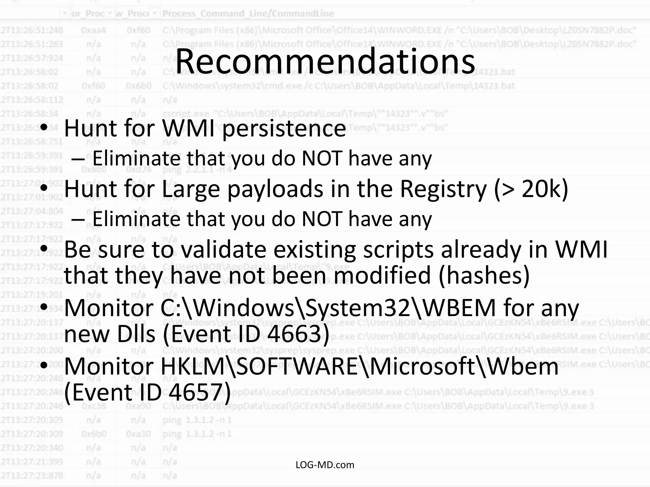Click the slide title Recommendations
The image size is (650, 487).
[325, 61]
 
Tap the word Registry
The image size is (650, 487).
[443, 189]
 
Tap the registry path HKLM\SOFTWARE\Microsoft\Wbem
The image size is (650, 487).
[359, 367]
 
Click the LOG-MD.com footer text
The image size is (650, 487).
[325, 465]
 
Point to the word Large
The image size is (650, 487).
[190, 189]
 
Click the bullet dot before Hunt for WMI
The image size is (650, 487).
[44, 127]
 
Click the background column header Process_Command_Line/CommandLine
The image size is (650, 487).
[248, 14]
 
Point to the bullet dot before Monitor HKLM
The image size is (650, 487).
[44, 366]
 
